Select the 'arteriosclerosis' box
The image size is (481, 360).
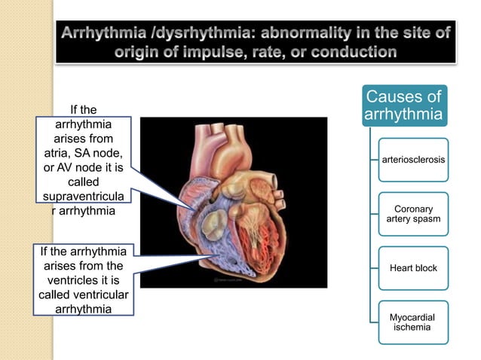[413, 160]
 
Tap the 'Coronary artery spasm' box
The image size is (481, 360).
[413, 214]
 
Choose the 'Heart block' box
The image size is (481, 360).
[413, 268]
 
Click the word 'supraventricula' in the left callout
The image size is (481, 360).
[83, 196]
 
